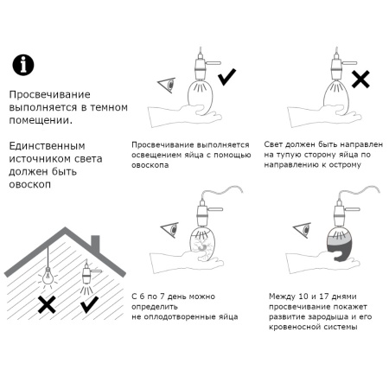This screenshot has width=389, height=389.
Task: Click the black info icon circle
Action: (23, 63)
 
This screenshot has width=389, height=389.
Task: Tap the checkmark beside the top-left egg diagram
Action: (227, 79)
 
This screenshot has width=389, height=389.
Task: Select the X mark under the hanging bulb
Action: (48, 304)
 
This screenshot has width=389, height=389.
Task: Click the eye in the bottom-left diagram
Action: (167, 229)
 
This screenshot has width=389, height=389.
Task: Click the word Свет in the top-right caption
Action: (275, 143)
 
